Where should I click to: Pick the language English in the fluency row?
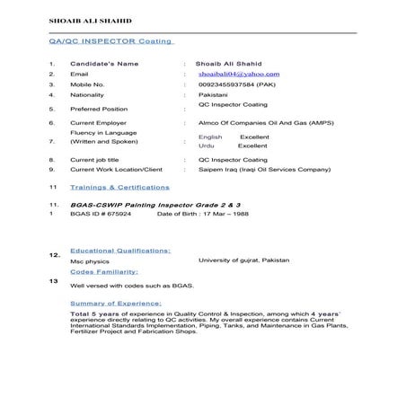tap(209, 137)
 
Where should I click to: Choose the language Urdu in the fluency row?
tap(206, 146)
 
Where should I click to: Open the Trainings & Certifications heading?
tap(119, 188)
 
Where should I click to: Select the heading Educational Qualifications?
tap(120, 251)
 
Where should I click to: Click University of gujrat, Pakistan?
tap(243, 260)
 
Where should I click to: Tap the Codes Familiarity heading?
tap(103, 270)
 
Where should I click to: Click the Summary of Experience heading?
tap(115, 303)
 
